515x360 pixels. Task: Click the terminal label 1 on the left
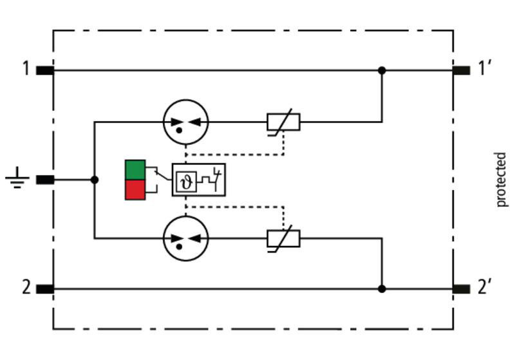tap(26, 69)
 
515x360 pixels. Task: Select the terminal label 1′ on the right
tap(484, 68)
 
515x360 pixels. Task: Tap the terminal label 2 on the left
tap(26, 287)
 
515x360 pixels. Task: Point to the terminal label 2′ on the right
tap(485, 287)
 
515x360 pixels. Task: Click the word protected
tap(501, 179)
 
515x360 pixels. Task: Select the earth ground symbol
tap(17, 178)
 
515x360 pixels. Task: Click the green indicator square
tap(135, 170)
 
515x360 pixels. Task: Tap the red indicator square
tap(135, 189)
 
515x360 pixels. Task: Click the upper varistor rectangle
tap(283, 122)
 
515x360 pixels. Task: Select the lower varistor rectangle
tap(283, 238)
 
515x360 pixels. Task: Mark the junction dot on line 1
tap(382, 70)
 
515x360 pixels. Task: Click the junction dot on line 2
tap(382, 289)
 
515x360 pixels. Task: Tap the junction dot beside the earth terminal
tap(95, 180)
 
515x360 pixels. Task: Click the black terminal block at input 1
tap(45, 70)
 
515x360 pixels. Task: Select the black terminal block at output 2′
tap(461, 289)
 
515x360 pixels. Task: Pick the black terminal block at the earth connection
tap(45, 180)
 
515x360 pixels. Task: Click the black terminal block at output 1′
tap(461, 70)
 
